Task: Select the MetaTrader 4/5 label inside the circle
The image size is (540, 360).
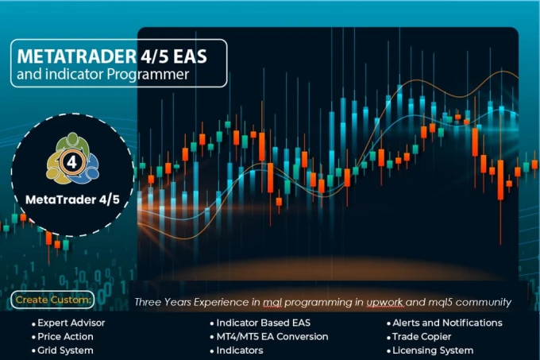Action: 72,197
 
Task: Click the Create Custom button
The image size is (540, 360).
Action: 52,300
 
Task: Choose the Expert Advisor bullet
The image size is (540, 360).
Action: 72,323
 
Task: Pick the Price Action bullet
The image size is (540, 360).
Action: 66,337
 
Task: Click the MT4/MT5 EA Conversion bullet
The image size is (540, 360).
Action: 272,337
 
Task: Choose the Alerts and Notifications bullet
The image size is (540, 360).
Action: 447,323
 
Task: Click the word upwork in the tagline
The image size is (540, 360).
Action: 388,303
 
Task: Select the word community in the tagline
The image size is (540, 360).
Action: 481,303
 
